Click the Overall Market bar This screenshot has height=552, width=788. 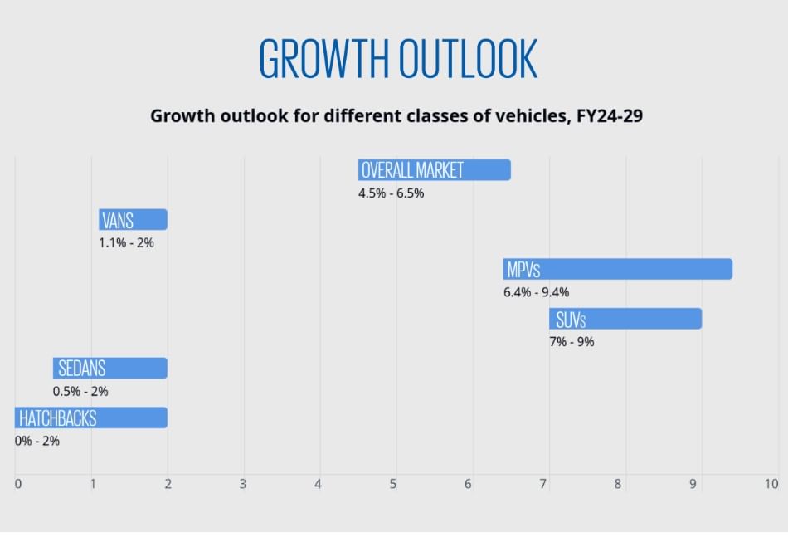click(434, 170)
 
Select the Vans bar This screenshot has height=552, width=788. click(133, 220)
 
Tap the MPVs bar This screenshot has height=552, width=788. click(617, 270)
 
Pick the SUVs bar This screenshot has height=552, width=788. click(625, 319)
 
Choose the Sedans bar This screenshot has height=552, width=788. click(109, 369)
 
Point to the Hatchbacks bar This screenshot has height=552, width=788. click(90, 418)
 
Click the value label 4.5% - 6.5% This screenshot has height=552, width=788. click(391, 193)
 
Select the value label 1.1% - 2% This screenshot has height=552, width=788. click(126, 243)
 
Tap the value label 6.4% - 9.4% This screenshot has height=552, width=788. click(536, 292)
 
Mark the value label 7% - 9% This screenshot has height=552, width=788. click(572, 342)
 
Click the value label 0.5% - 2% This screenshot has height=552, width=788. click(80, 392)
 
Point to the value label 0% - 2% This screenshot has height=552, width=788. click(37, 441)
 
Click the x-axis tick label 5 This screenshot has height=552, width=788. click(394, 484)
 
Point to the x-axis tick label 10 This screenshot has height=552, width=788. click(771, 484)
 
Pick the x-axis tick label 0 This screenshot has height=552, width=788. click(17, 484)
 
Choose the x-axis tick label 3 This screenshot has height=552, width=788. click(243, 484)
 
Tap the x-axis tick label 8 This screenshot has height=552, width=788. click(618, 484)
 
